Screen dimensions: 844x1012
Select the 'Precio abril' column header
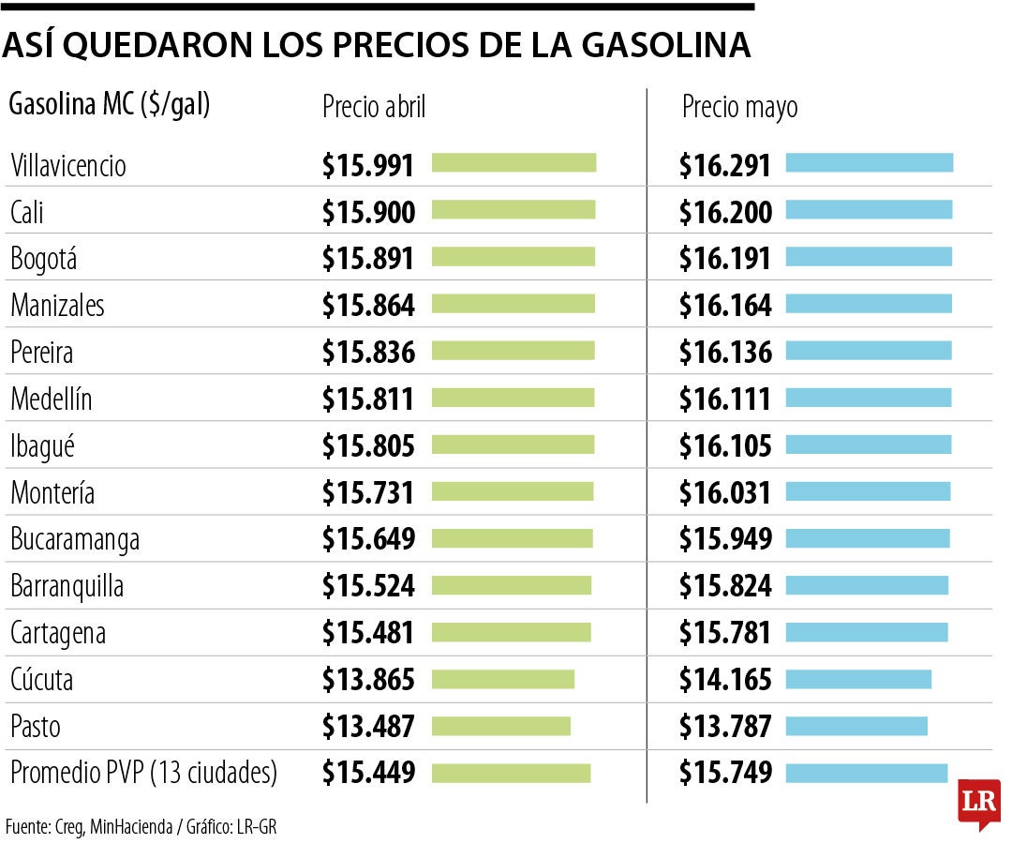[x=374, y=107]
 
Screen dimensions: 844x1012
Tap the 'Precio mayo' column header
[x=739, y=107]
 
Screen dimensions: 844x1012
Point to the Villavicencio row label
[x=68, y=166]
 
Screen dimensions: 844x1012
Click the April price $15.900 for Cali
[x=368, y=212]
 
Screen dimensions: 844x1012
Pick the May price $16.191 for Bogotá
[x=725, y=259]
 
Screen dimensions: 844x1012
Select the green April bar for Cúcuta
[x=503, y=679]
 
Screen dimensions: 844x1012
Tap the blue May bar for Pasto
[x=856, y=726]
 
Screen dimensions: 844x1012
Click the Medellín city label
[x=52, y=399]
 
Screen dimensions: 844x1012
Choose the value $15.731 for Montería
[x=368, y=492]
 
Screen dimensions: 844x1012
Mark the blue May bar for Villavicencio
[x=869, y=163]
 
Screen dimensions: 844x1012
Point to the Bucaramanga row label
[x=75, y=539]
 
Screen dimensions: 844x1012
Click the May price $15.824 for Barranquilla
[x=725, y=586]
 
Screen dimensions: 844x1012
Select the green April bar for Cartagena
[x=512, y=632]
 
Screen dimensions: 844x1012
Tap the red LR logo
[x=978, y=802]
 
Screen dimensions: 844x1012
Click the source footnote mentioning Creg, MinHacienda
[x=141, y=826]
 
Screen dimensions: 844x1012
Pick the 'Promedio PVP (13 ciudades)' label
[x=144, y=773]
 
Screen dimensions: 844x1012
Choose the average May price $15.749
[x=725, y=773]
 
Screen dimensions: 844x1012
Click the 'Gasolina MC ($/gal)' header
[x=109, y=105]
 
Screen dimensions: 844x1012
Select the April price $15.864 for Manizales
[x=368, y=306]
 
